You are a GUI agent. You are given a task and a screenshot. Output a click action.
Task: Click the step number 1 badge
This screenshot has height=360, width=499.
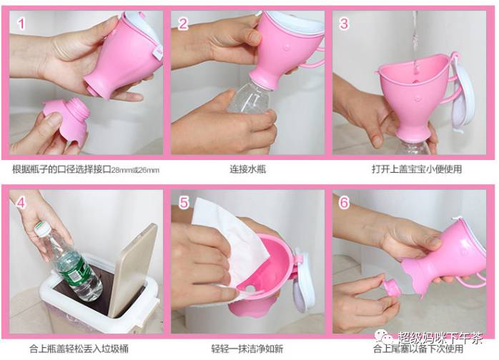tap(21, 24)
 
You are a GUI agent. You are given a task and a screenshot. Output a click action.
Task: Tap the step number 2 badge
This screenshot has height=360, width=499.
tap(183, 24)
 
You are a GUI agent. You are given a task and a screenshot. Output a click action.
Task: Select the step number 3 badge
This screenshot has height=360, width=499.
tap(345, 24)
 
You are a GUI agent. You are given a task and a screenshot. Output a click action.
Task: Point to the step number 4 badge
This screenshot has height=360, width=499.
tap(21, 202)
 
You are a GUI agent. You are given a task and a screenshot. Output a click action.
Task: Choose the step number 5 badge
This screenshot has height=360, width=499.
tap(184, 203)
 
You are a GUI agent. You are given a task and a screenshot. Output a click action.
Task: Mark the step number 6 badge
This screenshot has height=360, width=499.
tap(345, 203)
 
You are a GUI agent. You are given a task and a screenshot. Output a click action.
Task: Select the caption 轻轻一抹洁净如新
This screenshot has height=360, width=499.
tap(247, 349)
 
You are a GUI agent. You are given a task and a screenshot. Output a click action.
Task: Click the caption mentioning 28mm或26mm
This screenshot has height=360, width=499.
tap(86, 169)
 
